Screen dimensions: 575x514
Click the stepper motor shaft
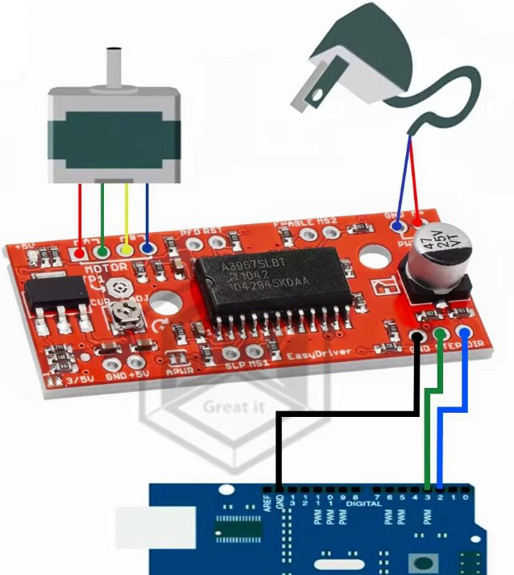click(114, 65)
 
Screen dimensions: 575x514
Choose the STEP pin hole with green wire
click(440, 334)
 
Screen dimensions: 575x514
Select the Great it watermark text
click(234, 406)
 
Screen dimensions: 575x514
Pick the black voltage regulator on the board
click(56, 298)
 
